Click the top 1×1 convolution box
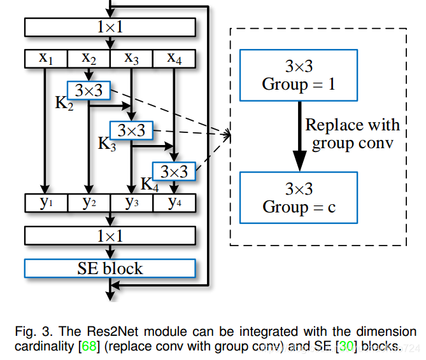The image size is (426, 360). click(110, 27)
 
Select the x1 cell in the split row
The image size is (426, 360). click(46, 59)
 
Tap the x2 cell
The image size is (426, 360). click(89, 59)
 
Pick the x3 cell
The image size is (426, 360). click(131, 59)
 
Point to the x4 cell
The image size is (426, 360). click(174, 59)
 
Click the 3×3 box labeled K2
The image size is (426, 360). click(89, 90)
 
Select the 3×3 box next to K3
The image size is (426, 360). click(131, 131)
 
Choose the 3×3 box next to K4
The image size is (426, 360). click(173, 171)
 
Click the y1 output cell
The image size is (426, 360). click(46, 203)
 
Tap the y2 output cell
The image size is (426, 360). click(89, 203)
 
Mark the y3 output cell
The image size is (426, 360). click(131, 203)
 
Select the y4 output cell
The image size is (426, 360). click(174, 203)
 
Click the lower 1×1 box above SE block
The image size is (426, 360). click(110, 235)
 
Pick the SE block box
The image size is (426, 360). click(110, 268)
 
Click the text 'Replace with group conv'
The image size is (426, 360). click(351, 134)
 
